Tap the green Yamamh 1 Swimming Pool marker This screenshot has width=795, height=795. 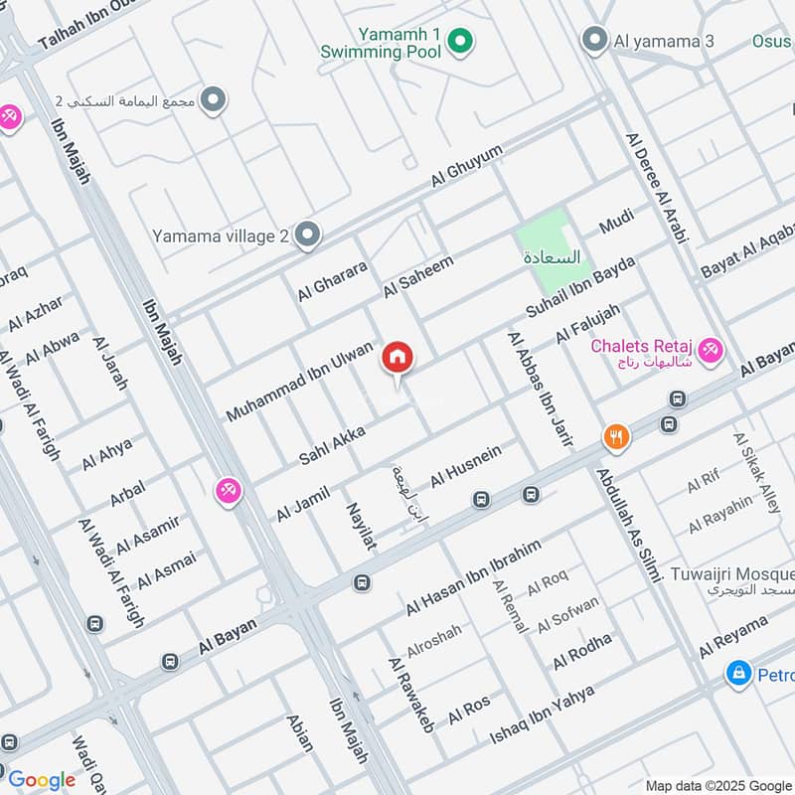[458, 41]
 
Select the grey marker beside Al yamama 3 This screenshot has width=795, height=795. [594, 41]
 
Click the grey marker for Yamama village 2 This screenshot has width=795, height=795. [308, 236]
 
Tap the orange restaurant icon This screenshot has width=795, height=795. [616, 436]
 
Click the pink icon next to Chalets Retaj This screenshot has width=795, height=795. [711, 349]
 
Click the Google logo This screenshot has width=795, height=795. [41, 779]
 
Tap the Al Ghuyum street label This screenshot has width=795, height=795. [467, 166]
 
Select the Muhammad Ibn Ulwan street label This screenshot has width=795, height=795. [299, 381]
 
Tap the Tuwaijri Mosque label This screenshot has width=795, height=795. [746, 574]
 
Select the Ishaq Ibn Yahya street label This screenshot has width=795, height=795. [543, 715]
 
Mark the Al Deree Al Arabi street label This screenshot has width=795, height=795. [656, 189]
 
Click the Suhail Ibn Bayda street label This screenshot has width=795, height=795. [579, 286]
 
